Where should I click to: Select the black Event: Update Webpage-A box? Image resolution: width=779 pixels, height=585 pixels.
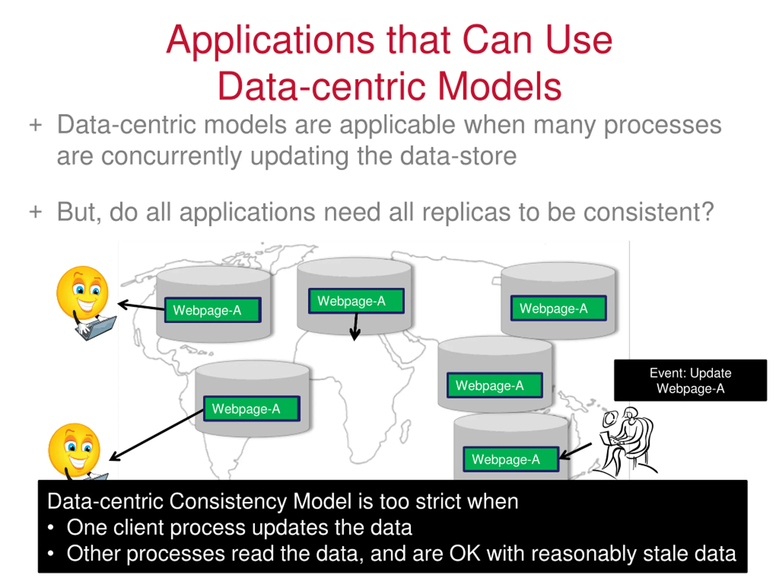click(690, 380)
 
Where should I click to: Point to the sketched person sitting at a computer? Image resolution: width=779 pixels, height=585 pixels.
click(627, 442)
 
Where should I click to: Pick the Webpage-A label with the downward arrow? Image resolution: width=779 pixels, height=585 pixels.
click(356, 301)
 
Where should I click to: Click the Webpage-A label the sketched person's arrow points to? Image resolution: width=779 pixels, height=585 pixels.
click(511, 459)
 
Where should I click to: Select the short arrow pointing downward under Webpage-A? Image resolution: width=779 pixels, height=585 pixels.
click(355, 327)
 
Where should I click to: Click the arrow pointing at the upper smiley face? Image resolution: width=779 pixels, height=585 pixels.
click(141, 306)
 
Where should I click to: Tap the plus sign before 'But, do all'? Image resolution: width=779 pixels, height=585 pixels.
click(36, 212)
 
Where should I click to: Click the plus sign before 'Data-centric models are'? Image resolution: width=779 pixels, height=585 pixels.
click(36, 125)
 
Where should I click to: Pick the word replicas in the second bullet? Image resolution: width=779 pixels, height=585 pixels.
click(466, 212)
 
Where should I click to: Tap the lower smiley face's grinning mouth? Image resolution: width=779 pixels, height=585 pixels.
click(78, 461)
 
